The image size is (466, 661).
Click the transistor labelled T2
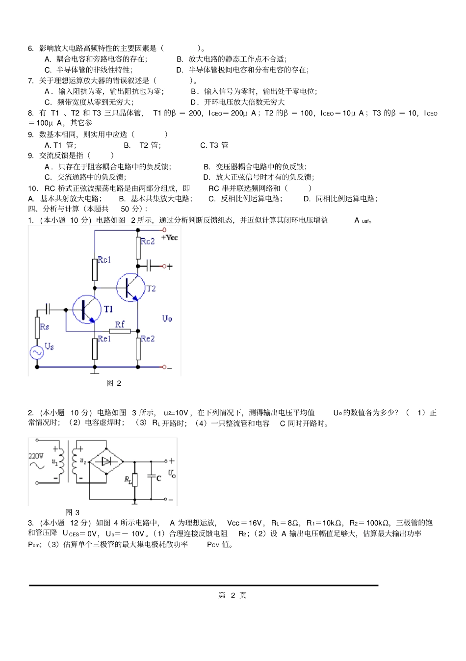coord(130,287)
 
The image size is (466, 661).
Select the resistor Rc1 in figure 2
coord(95,269)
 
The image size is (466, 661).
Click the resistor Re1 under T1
coord(95,349)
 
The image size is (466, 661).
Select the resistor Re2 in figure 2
coord(138,349)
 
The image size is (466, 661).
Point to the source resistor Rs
coord(37,327)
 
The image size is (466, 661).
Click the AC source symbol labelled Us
coord(37,352)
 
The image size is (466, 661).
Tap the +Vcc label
coord(170,238)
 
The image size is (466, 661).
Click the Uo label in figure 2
coord(167,318)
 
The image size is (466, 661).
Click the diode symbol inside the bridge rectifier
coord(106,461)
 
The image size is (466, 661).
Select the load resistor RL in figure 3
coord(134,479)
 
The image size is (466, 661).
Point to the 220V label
coord(36,456)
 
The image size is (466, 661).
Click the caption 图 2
coord(114,383)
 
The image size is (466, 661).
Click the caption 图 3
coord(72,512)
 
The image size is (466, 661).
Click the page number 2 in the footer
coord(233,595)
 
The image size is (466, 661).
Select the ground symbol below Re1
coord(95,371)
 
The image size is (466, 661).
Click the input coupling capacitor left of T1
coord(48,309)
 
